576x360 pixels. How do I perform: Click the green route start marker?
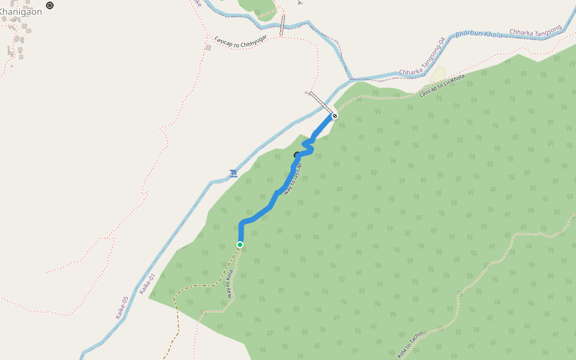(240, 245)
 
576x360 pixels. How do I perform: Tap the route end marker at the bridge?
(335, 116)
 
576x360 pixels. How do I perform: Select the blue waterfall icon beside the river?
(233, 174)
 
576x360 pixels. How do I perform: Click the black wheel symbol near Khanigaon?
(50, 5)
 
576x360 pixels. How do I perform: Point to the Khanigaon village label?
(21, 11)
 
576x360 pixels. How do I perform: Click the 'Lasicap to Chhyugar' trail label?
(241, 42)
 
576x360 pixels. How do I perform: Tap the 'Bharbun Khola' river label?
(478, 34)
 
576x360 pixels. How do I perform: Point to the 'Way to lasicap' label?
(293, 178)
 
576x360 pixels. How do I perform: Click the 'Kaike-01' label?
(147, 284)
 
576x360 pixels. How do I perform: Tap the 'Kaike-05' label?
(122, 307)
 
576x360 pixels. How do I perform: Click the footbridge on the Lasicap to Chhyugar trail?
(282, 25)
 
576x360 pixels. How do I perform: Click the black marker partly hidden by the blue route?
(296, 155)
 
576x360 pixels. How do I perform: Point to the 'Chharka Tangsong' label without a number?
(535, 30)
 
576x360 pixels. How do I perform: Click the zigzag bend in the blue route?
(308, 146)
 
